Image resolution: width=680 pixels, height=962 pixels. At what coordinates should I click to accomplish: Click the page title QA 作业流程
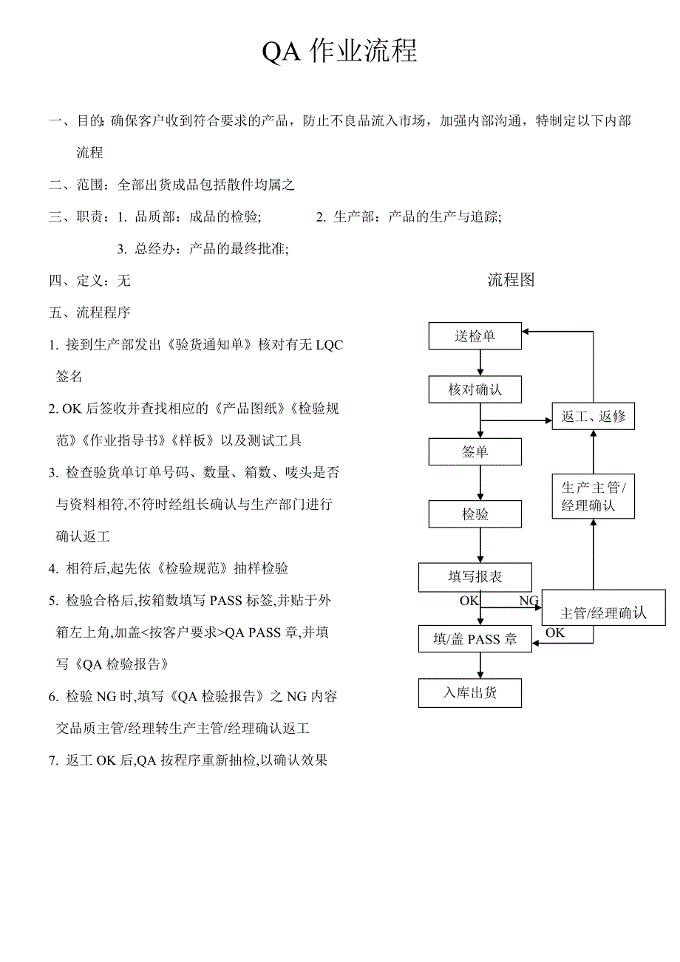(340, 52)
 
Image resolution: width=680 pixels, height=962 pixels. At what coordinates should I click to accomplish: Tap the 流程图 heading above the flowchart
(511, 279)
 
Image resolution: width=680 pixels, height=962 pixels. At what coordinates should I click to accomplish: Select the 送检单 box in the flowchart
(475, 336)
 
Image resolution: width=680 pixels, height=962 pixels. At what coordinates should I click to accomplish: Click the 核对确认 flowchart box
(475, 389)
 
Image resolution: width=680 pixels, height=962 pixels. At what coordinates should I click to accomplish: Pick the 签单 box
(475, 451)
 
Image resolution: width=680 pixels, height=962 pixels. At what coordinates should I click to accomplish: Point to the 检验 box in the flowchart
(475, 514)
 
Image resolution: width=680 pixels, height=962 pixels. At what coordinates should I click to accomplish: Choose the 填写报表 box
(475, 577)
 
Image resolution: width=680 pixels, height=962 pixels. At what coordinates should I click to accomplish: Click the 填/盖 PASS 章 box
(475, 639)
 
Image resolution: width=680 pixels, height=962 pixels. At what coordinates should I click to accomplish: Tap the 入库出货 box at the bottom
(470, 693)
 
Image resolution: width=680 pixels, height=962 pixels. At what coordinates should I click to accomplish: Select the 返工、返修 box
(594, 416)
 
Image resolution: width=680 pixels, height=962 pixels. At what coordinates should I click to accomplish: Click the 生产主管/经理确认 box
(594, 497)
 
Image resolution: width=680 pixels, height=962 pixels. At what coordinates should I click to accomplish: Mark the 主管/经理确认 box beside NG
(603, 612)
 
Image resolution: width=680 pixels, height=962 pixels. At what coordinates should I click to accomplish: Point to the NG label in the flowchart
(528, 601)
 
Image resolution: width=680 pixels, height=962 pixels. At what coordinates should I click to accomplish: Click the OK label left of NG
(469, 601)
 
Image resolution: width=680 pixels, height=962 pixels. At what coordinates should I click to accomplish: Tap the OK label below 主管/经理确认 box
(555, 632)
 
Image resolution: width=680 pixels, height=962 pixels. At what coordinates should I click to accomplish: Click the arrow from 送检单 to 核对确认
(480, 363)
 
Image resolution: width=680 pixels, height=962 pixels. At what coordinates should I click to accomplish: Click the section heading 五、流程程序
(90, 313)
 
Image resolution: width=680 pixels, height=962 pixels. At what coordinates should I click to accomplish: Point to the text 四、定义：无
(90, 281)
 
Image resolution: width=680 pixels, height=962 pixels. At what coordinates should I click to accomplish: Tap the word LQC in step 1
(329, 344)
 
